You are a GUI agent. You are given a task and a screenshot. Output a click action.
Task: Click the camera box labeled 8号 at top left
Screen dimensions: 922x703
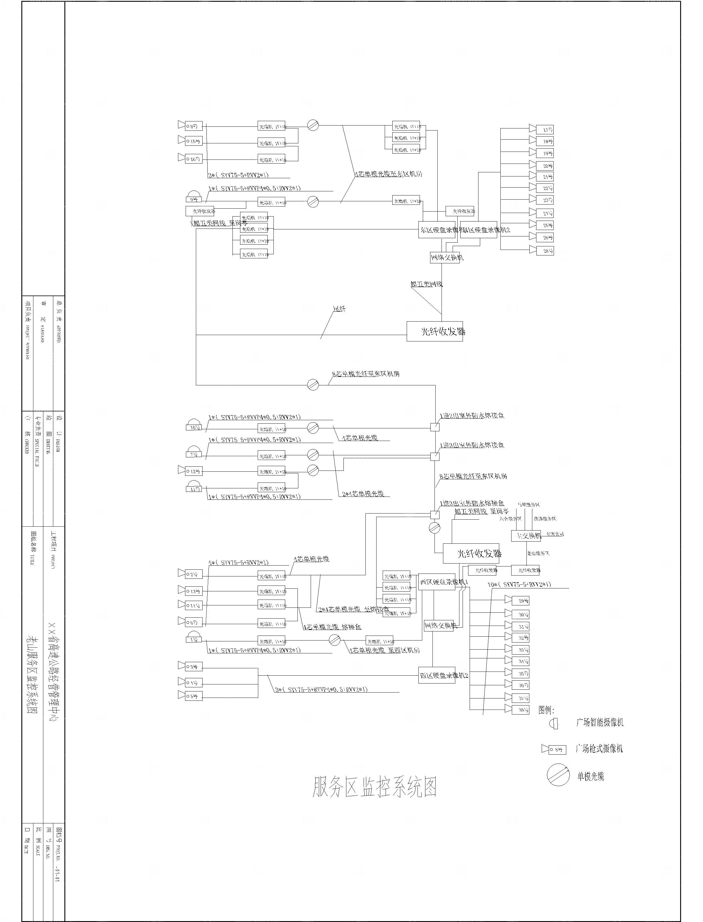[194, 126]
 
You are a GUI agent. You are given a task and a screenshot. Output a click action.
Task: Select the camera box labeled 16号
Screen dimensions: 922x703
[194, 159]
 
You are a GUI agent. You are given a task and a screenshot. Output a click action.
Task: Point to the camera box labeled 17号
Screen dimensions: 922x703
[545, 130]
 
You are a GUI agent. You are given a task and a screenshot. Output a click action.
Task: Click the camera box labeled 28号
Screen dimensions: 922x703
[545, 251]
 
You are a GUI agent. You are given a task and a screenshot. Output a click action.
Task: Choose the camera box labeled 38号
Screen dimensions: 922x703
[521, 710]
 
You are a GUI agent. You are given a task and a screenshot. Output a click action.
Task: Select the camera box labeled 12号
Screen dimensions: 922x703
[194, 472]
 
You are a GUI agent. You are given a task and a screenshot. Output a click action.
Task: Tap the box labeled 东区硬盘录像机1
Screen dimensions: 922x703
[437, 230]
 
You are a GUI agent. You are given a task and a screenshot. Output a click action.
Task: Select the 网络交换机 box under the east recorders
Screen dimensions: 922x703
[447, 257]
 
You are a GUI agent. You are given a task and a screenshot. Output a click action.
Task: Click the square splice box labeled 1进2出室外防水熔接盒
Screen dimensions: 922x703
[435, 427]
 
